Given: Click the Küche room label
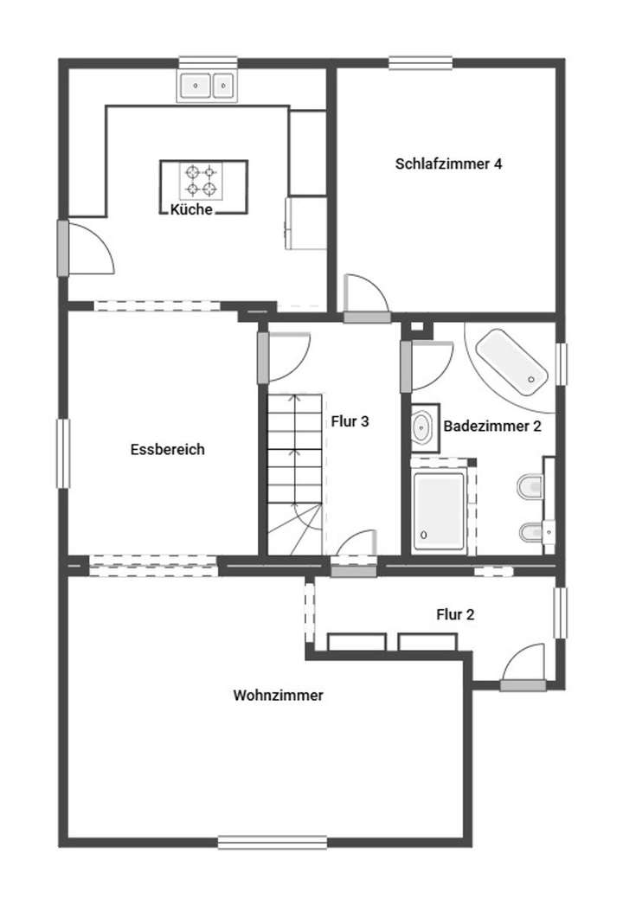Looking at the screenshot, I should click(x=191, y=210).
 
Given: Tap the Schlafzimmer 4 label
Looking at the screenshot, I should click(x=448, y=164).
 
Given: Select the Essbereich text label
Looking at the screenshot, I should click(x=167, y=449).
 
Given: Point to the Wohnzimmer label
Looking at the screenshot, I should click(x=278, y=695).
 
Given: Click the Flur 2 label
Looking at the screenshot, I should click(x=455, y=615).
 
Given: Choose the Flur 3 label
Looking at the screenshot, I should click(x=350, y=422).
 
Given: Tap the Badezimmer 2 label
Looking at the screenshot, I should click(x=491, y=427).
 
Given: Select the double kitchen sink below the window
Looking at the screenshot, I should click(x=208, y=86).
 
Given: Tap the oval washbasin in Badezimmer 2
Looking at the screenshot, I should click(x=423, y=427).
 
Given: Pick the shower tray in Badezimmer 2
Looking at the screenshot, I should click(x=438, y=513).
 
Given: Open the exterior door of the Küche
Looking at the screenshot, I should click(x=63, y=248).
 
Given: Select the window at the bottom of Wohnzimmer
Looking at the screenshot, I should click(x=272, y=842).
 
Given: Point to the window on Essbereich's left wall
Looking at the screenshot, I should click(x=63, y=452).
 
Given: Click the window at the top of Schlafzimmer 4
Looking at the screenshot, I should click(x=421, y=62).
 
